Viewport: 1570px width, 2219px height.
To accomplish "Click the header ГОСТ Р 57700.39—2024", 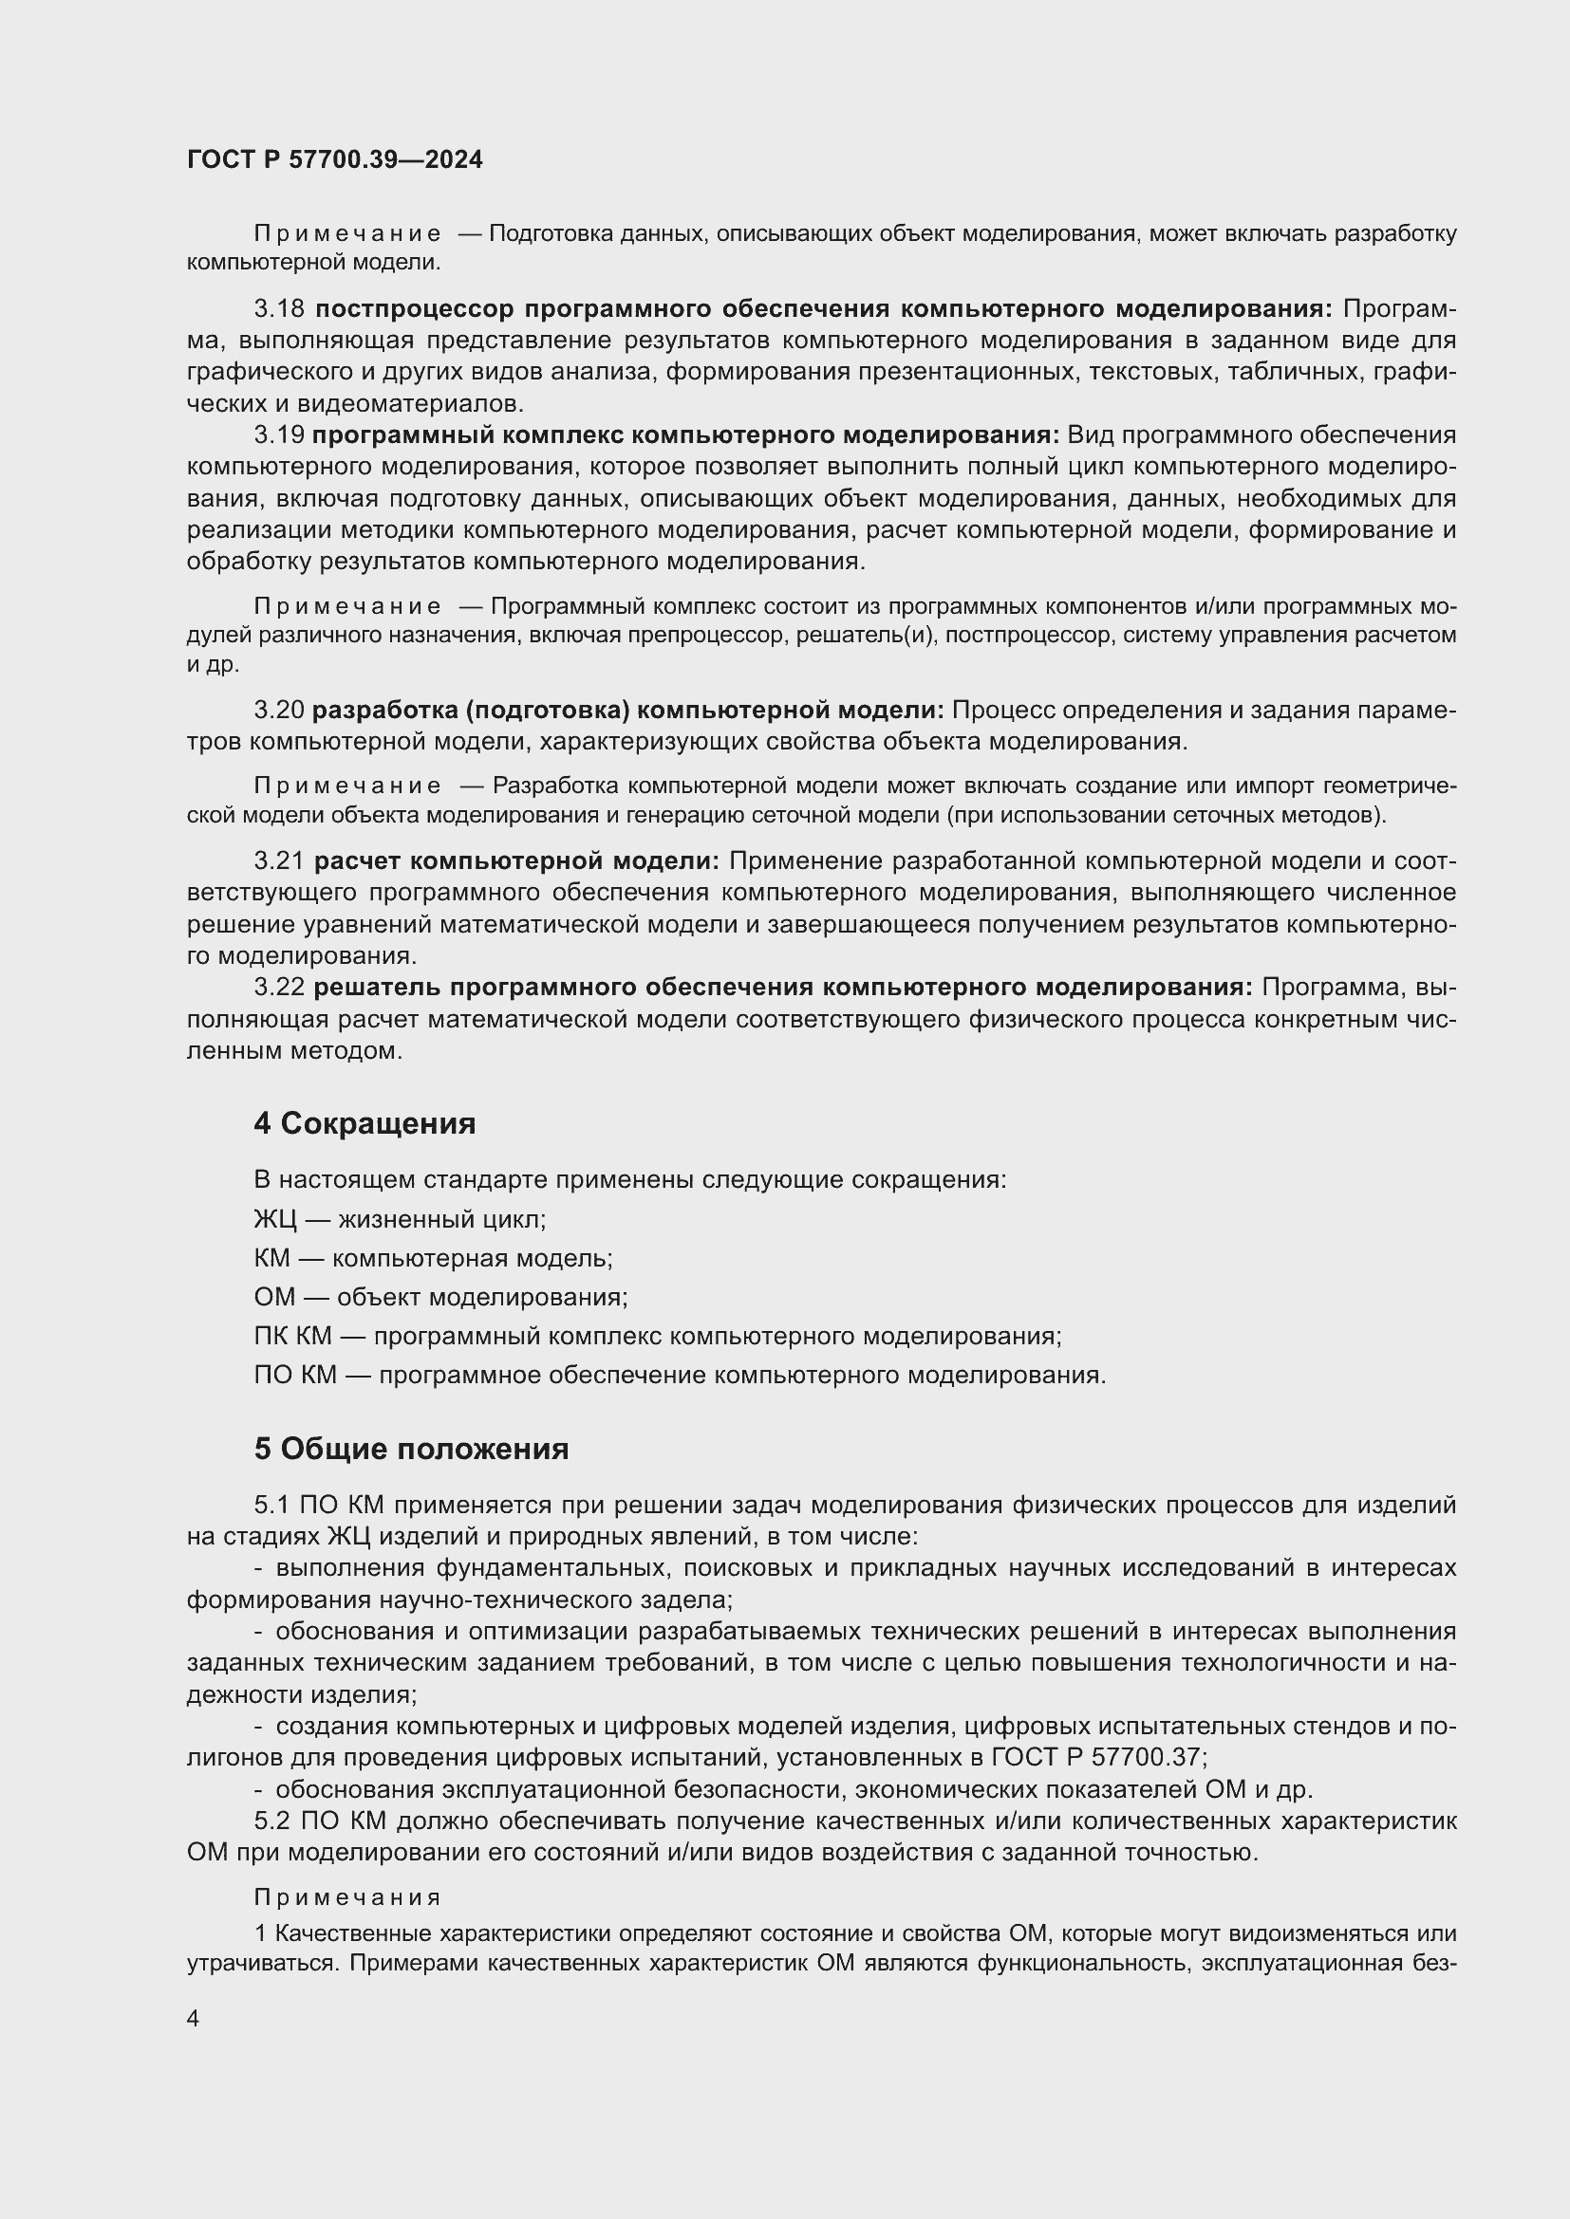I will pos(334,160).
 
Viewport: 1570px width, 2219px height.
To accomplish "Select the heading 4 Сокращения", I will pos(364,1123).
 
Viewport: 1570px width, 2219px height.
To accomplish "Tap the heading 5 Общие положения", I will pos(411,1449).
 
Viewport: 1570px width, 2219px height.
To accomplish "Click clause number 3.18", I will pos(279,309).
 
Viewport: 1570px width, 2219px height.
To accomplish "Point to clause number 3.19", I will pos(278,435).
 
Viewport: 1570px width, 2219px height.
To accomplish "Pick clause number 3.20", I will pos(278,711).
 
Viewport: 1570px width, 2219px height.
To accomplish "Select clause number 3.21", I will pos(279,861).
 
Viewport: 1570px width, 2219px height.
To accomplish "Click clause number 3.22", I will pos(279,988).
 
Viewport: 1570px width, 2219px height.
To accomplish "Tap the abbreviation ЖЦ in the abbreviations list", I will pos(274,1220).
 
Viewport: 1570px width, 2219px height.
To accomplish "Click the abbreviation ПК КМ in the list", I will pos(292,1337).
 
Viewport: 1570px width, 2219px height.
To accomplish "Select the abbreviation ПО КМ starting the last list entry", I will pos(295,1376).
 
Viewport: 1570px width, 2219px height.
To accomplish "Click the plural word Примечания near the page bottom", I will pos(347,1897).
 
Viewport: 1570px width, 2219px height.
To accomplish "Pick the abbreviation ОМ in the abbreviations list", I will pos(273,1297).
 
